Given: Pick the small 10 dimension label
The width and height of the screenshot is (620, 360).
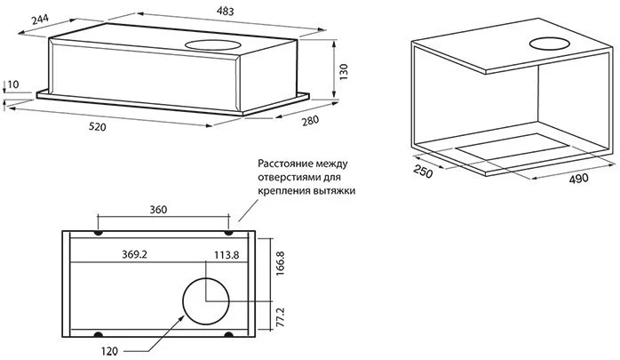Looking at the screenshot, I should (12, 85).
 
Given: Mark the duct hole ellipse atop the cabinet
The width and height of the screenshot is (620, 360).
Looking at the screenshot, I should (552, 44).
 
